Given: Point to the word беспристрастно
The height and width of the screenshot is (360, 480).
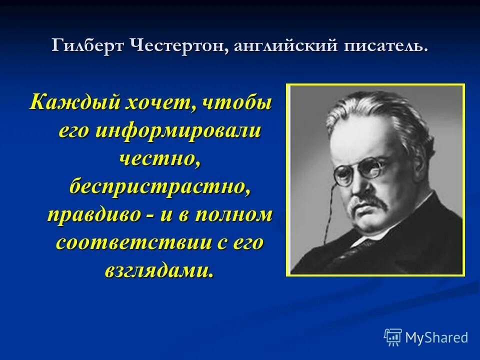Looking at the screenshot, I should tap(159, 187).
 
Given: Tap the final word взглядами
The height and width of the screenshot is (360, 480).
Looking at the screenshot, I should tap(159, 271).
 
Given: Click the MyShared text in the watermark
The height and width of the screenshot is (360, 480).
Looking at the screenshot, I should tap(436, 337).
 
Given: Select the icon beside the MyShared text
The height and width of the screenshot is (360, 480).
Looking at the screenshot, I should tap(392, 336).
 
